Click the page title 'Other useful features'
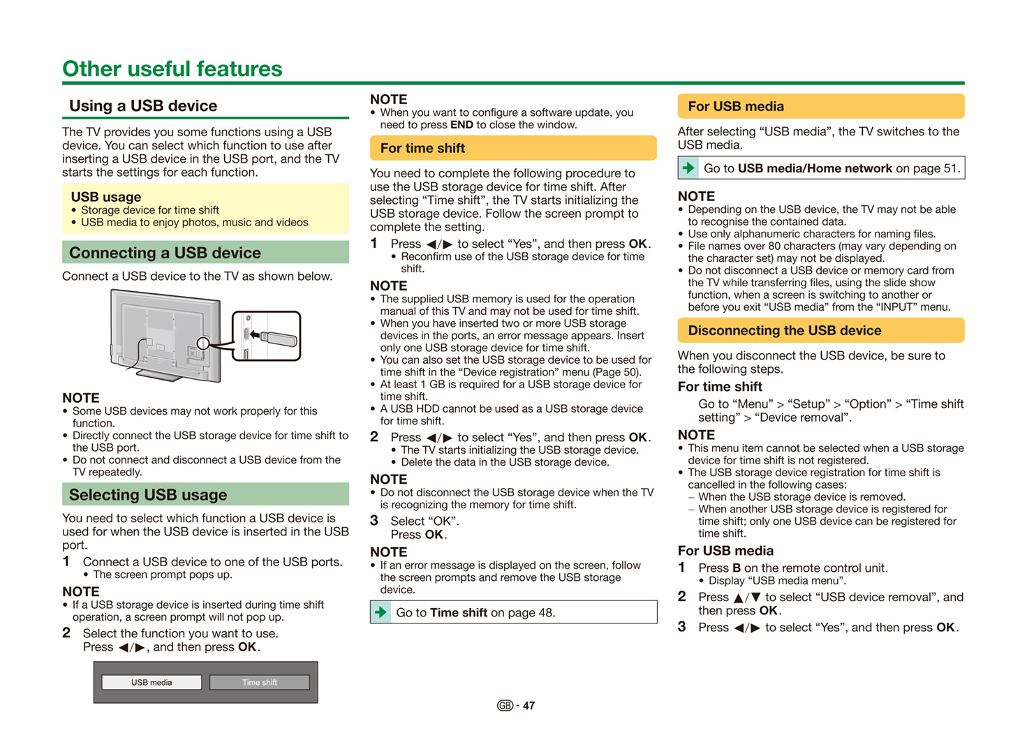[172, 68]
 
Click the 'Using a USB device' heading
[143, 106]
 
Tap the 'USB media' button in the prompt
[152, 682]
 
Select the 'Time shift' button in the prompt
[260, 682]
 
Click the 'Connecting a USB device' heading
[165, 253]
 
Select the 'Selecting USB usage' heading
[148, 494]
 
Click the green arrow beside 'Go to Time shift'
[380, 612]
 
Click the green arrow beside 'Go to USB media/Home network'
[688, 168]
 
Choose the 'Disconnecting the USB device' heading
[785, 330]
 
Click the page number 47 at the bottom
[529, 706]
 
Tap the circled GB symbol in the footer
[505, 706]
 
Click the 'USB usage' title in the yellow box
[106, 197]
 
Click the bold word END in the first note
[461, 125]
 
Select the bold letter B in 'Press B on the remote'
[737, 568]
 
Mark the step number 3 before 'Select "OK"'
[374, 521]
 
